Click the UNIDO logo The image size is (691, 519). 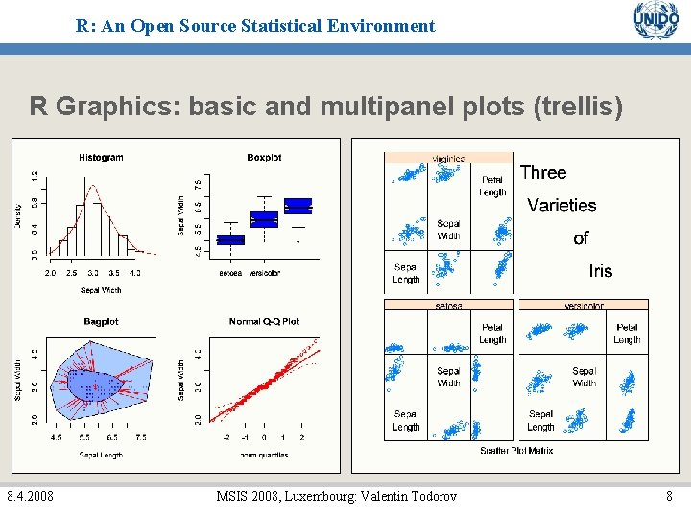coord(655,22)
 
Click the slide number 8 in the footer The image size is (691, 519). coord(670,496)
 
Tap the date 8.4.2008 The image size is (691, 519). coord(30,496)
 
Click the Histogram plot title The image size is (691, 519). coord(101,158)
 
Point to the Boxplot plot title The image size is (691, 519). coord(264,158)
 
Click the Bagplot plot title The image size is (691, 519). coord(101,321)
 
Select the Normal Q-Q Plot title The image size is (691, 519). coord(264,321)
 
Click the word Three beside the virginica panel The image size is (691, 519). coord(543,173)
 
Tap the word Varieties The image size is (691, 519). coord(561,206)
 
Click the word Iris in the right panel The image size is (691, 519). coord(600,271)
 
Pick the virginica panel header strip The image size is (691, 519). coord(449,159)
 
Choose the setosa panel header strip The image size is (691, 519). coord(449,306)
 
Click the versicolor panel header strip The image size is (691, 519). coord(584,306)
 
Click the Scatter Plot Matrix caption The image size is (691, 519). coord(516,450)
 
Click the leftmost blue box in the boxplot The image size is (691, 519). coord(230,240)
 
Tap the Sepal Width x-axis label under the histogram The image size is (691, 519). coord(101,289)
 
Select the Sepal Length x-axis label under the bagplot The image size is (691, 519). coord(101,455)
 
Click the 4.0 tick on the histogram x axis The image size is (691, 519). coord(134,273)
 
